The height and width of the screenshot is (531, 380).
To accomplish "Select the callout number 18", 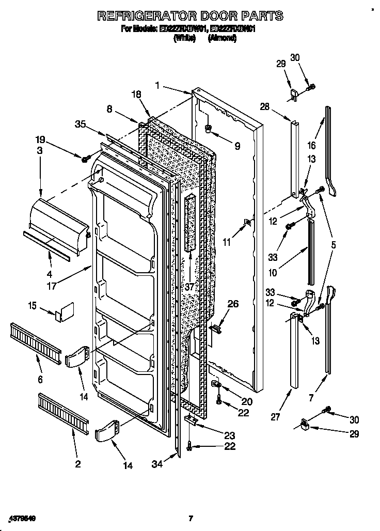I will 136,95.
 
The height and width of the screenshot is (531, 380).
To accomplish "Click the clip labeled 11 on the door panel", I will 247,223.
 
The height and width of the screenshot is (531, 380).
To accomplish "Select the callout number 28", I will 265,107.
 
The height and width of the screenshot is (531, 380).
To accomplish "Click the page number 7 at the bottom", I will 191,518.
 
